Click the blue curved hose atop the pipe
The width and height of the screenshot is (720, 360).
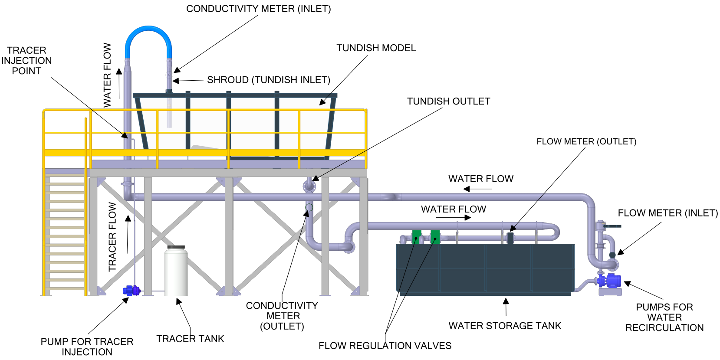[x=148, y=31]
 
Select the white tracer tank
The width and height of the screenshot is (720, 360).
[x=176, y=271]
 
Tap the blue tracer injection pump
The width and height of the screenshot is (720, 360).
[x=132, y=290]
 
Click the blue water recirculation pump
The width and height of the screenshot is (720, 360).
[x=611, y=281]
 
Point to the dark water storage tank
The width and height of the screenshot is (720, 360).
[x=485, y=269]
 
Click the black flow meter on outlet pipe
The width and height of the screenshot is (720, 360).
[x=510, y=238]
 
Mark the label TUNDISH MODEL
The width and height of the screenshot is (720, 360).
[x=376, y=48]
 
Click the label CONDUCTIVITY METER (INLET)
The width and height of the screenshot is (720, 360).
[x=258, y=9]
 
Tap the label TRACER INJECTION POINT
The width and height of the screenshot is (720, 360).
[x=26, y=61]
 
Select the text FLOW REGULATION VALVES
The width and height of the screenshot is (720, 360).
[x=385, y=346]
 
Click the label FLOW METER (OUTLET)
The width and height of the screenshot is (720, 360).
[x=586, y=142]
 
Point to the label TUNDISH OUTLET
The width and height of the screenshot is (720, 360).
[x=448, y=101]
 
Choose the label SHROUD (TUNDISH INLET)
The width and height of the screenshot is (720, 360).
[x=268, y=80]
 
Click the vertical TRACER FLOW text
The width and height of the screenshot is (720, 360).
[x=112, y=237]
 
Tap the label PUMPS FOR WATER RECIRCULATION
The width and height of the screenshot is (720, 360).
[x=664, y=317]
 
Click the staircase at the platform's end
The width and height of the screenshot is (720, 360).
[x=65, y=234]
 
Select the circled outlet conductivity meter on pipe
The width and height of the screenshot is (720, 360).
[x=309, y=207]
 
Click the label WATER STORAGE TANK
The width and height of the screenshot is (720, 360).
[x=505, y=326]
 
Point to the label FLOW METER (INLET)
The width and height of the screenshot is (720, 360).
[x=667, y=213]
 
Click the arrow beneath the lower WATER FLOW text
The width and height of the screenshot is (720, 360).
[x=454, y=218]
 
